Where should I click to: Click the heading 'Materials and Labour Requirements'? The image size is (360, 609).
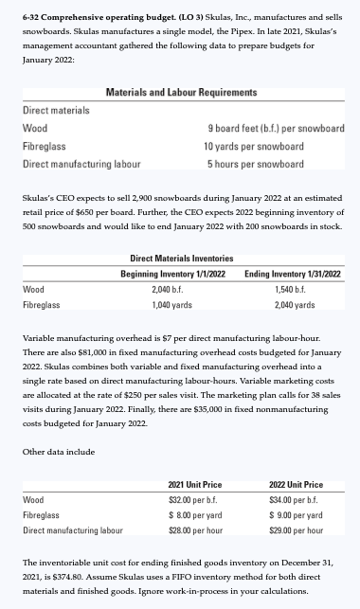181,92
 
